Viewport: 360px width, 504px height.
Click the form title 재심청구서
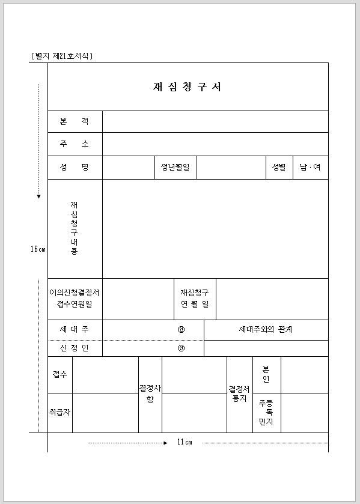[188, 87]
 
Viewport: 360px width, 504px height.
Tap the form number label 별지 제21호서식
[62, 56]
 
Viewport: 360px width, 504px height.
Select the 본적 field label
[75, 121]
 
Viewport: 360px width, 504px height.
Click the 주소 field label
[75, 144]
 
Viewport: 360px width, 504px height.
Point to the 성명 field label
[75, 167]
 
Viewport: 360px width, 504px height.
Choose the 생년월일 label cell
[175, 167]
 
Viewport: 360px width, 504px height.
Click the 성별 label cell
[279, 167]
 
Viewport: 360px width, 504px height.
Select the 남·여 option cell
[310, 167]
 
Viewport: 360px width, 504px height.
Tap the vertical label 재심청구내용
[74, 228]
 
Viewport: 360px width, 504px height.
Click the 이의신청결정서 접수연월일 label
[75, 299]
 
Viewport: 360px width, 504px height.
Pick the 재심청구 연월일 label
[195, 299]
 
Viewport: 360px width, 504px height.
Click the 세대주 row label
[75, 330]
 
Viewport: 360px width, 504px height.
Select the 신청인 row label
[75, 348]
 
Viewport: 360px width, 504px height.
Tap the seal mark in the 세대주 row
[181, 330]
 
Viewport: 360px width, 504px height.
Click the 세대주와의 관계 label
[266, 330]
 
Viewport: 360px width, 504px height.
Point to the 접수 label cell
[60, 374]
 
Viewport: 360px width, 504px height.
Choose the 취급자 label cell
[60, 413]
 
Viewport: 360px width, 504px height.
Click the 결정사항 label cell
[150, 394]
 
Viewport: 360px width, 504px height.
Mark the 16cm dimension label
[38, 249]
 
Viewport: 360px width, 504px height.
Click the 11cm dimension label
[185, 443]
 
